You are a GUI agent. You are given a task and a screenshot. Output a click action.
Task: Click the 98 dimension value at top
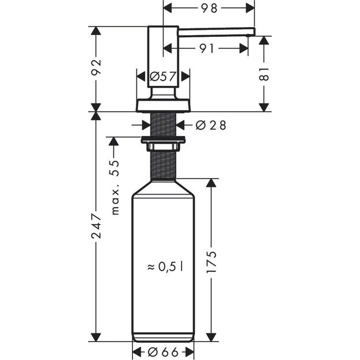coord(210,8)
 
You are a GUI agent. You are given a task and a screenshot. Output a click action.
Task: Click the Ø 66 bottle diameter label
coord(164,352)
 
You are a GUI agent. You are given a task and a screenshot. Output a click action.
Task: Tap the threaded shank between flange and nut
coord(163,123)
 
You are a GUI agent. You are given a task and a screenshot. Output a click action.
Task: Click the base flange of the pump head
coord(163,105)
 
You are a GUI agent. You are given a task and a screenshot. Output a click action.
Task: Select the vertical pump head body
coord(163,58)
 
